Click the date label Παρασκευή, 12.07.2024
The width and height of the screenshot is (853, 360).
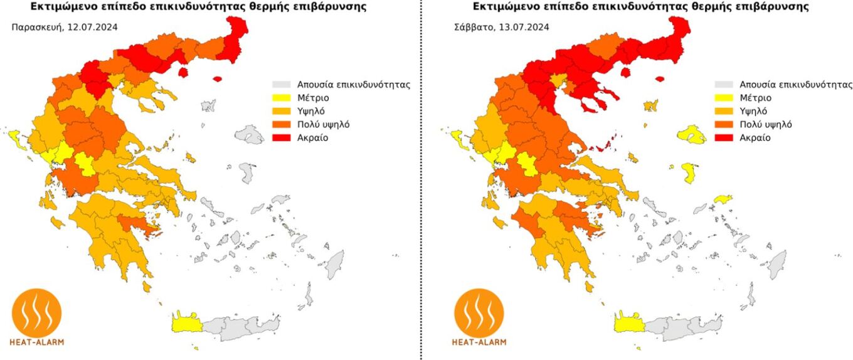(64, 27)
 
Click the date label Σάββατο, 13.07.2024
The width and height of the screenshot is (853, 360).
(502, 27)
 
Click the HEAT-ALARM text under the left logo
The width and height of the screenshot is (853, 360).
(38, 342)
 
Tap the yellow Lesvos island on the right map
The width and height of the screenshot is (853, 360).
(692, 134)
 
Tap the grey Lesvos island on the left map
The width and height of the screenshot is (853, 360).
(250, 134)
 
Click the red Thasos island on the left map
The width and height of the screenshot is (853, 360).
(183, 72)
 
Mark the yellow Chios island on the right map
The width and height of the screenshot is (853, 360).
(689, 172)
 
